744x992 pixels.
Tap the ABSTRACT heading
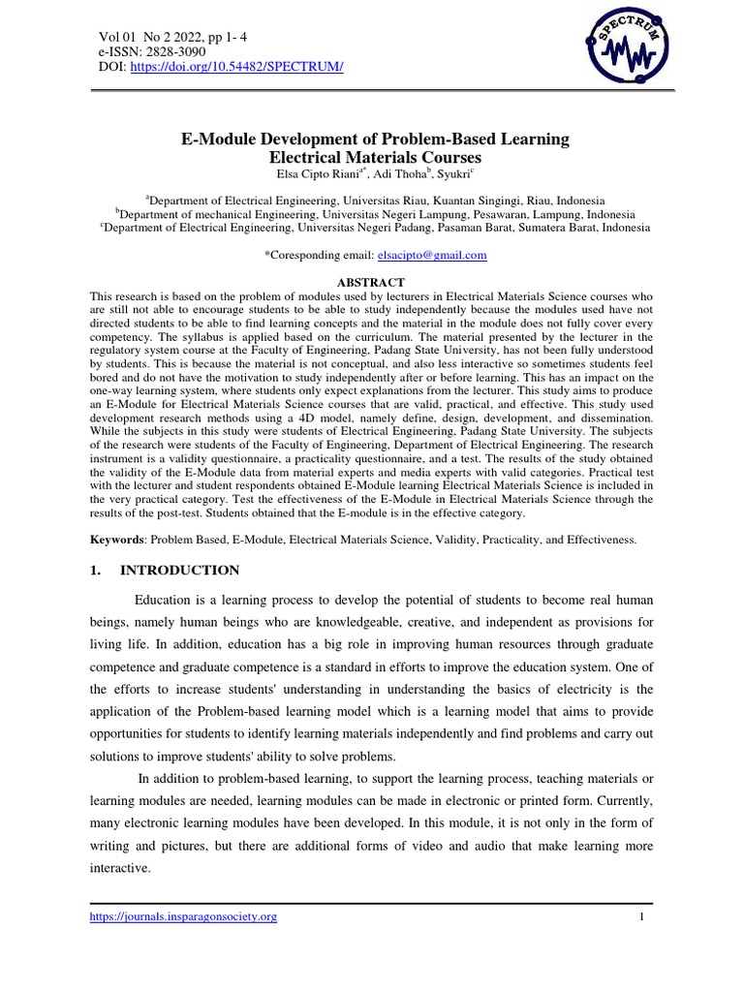[370, 282]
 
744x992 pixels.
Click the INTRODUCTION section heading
[177, 570]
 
